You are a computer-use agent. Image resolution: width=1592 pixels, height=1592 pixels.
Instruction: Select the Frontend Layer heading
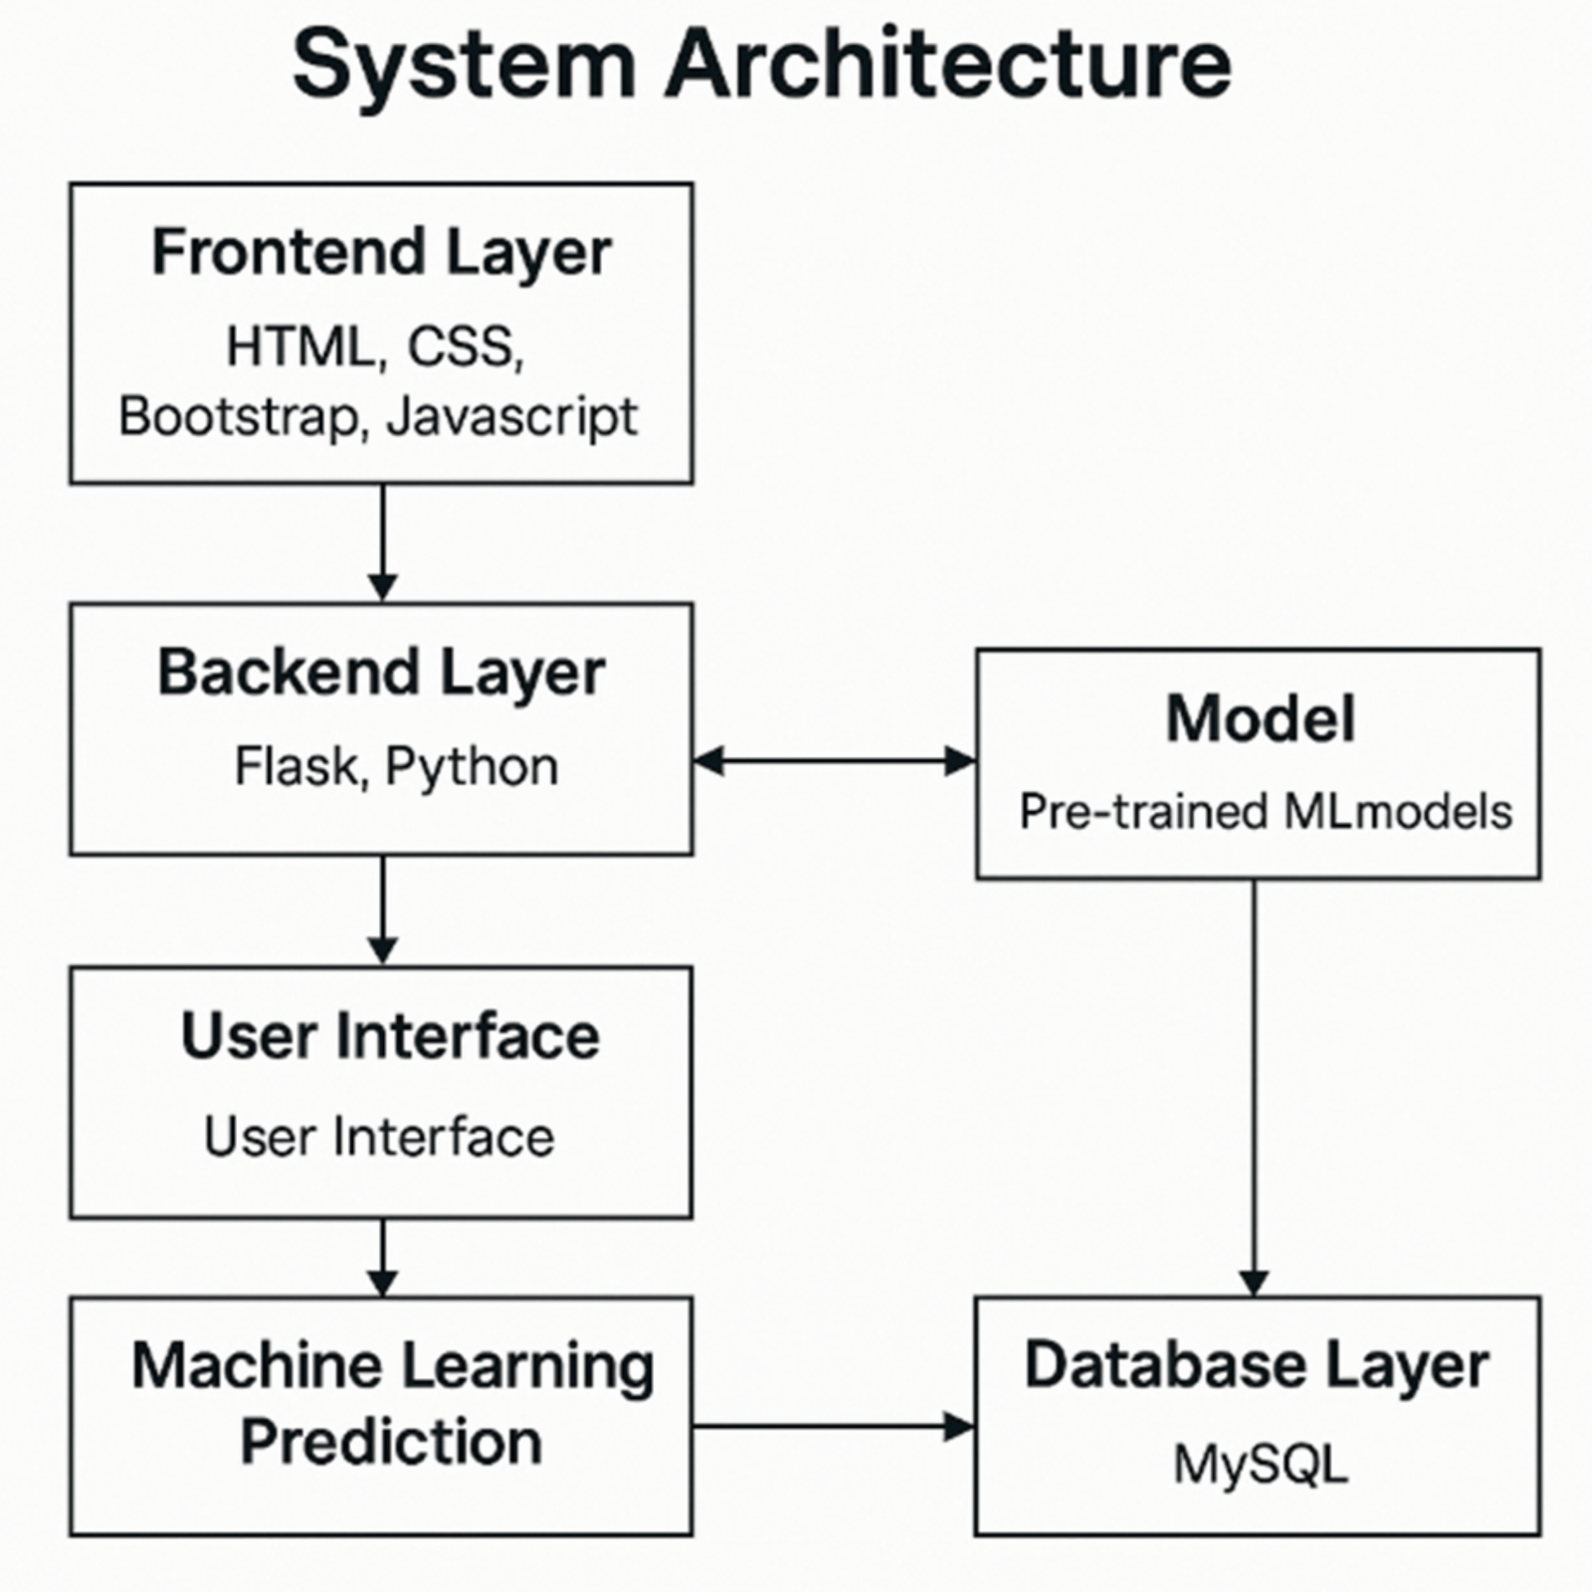(x=381, y=253)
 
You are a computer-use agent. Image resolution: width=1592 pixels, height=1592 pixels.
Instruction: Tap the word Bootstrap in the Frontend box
(x=237, y=416)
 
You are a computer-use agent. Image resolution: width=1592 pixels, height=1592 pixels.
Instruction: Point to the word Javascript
(x=511, y=418)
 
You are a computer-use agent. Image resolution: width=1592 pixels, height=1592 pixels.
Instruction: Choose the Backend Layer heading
(x=381, y=674)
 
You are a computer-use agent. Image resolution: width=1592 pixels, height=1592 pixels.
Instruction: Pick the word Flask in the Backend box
(x=296, y=767)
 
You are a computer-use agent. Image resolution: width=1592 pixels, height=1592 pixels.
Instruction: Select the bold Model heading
(x=1260, y=718)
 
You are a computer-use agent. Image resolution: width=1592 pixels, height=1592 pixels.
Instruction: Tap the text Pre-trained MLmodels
(x=1265, y=812)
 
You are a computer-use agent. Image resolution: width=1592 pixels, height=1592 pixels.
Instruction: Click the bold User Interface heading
(x=390, y=1037)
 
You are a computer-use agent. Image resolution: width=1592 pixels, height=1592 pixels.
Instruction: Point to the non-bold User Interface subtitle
(x=379, y=1136)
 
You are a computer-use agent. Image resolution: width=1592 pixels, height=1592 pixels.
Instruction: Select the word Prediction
(x=391, y=1443)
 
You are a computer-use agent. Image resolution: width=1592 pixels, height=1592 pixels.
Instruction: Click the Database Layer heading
(x=1257, y=1365)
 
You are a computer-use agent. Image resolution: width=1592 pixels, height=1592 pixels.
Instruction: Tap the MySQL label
(x=1260, y=1465)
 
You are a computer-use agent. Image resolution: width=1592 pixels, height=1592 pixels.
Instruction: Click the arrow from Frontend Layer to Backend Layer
(x=382, y=542)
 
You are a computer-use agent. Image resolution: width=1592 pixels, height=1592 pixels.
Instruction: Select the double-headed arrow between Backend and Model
(x=834, y=762)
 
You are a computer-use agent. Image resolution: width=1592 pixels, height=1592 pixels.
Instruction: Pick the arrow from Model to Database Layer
(x=1254, y=1085)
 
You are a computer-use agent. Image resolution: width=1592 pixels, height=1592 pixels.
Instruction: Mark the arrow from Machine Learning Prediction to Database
(x=834, y=1427)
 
